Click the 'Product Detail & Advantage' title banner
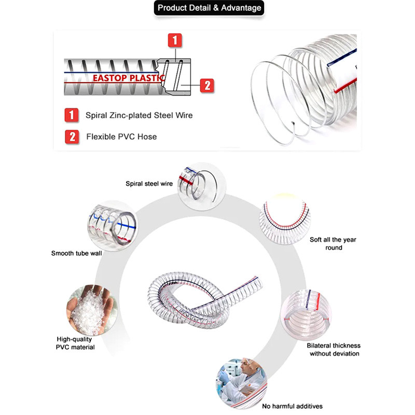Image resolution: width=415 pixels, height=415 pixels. click(209, 8)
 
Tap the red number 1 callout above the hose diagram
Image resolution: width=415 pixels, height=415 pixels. click(175, 40)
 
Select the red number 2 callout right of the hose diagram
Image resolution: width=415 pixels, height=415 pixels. click(207, 86)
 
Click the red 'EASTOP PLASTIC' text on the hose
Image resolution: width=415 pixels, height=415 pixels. click(129, 78)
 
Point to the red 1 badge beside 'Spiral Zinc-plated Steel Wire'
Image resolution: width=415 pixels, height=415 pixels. click(72, 115)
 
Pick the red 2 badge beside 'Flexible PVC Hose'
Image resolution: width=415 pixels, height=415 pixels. click(72, 137)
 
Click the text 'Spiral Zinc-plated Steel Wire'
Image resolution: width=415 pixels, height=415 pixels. click(139, 115)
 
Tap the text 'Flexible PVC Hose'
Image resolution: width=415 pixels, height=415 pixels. click(121, 137)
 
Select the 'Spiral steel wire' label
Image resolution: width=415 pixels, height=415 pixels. click(149, 184)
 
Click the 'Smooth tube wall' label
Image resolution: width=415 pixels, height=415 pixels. click(76, 253)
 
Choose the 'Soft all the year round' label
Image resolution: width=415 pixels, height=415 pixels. click(333, 243)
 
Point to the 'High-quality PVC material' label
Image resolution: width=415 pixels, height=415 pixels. click(75, 343)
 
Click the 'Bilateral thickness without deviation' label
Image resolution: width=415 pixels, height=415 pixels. click(334, 349)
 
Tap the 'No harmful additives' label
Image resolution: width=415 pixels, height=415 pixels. click(292, 406)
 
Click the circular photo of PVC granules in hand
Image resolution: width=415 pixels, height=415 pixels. click(92, 310)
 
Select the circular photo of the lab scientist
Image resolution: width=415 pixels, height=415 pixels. click(241, 383)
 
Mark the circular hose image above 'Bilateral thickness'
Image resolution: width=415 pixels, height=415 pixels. click(306, 315)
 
